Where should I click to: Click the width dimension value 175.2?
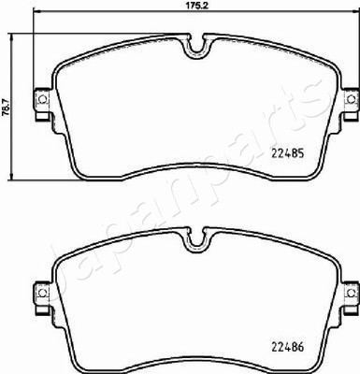pyautogui.click(x=195, y=7)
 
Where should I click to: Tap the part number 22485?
pyautogui.click(x=288, y=153)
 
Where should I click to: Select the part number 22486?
pyautogui.click(x=288, y=347)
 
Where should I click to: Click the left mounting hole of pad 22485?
pyautogui.click(x=42, y=99)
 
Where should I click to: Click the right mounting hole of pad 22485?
pyautogui.click(x=352, y=99)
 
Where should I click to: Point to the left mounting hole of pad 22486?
pyautogui.click(x=42, y=293)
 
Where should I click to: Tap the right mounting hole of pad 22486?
pyautogui.click(x=352, y=293)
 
